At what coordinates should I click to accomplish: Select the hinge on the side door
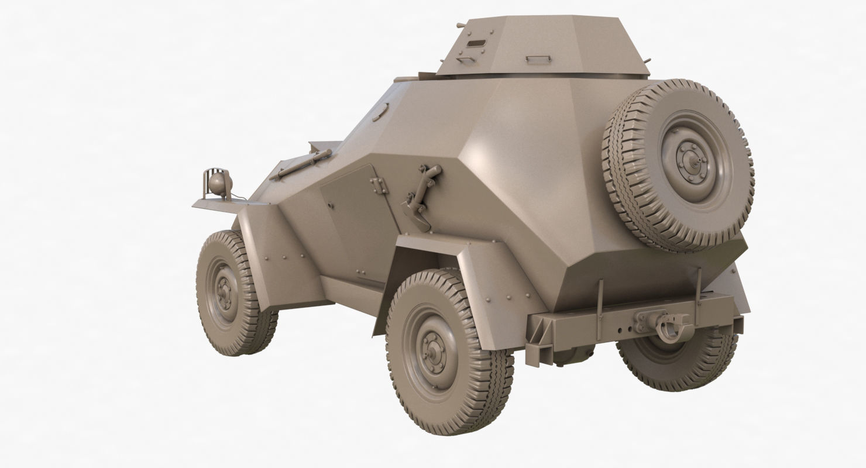[x=379, y=185]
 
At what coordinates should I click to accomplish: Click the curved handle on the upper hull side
[x=380, y=112]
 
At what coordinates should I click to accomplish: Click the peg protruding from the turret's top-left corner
[x=461, y=26]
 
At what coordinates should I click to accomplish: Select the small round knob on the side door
[x=331, y=205]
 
